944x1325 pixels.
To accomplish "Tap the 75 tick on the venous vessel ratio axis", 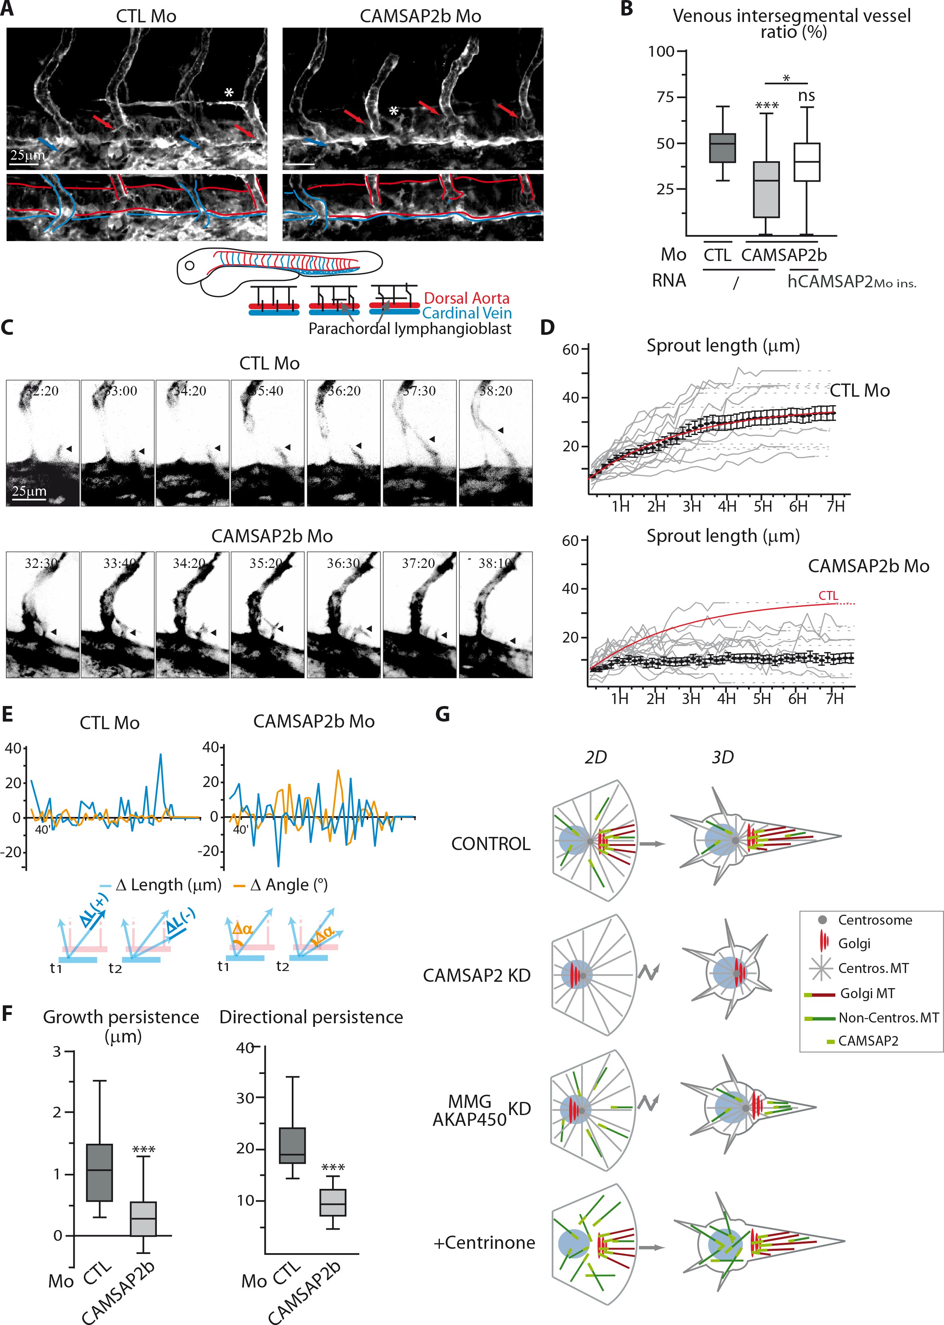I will click(x=665, y=97).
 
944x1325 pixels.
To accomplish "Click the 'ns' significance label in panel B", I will click(x=806, y=96).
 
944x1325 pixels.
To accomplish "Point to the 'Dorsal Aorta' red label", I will click(x=466, y=298).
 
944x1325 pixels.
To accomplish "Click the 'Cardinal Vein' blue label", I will click(x=466, y=313).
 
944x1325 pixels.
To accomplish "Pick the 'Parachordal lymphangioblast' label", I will click(x=410, y=329).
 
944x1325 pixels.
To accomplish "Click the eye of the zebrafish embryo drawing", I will click(x=190, y=266).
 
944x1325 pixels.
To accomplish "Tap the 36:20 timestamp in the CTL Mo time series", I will click(x=344, y=391).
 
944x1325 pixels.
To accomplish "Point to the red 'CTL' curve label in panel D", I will click(x=828, y=596).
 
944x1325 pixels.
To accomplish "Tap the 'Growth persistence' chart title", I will click(x=121, y=1017).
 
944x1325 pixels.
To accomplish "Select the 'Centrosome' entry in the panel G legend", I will click(x=875, y=920).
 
